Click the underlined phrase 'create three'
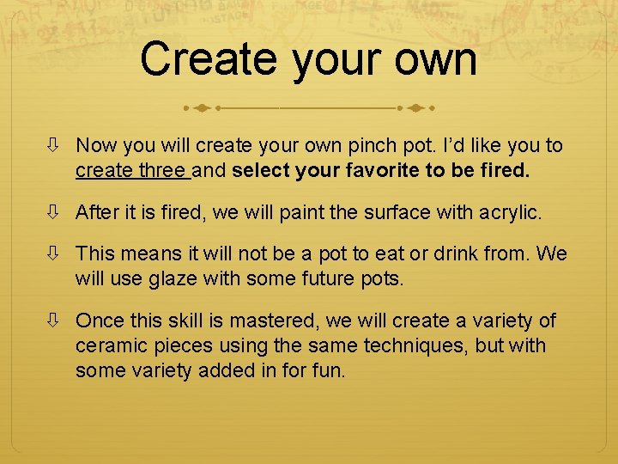tap(132, 171)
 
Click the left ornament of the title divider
tap(203, 109)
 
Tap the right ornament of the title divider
tap(415, 109)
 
